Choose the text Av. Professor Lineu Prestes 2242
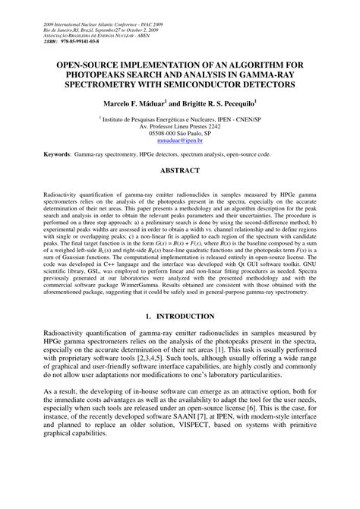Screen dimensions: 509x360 [x=180, y=126]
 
